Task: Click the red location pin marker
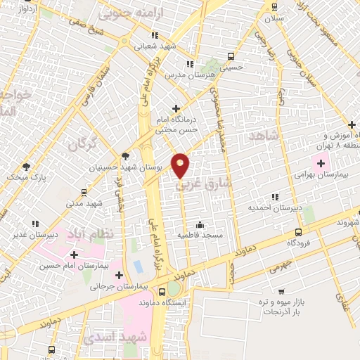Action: tap(180, 165)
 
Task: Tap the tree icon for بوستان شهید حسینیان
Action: tap(126, 156)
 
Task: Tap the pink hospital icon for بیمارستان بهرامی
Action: tap(321, 164)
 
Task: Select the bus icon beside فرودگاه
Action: tap(298, 231)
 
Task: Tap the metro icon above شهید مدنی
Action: tap(84, 191)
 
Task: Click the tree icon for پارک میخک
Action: tap(26, 167)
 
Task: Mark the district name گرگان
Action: tap(82, 146)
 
